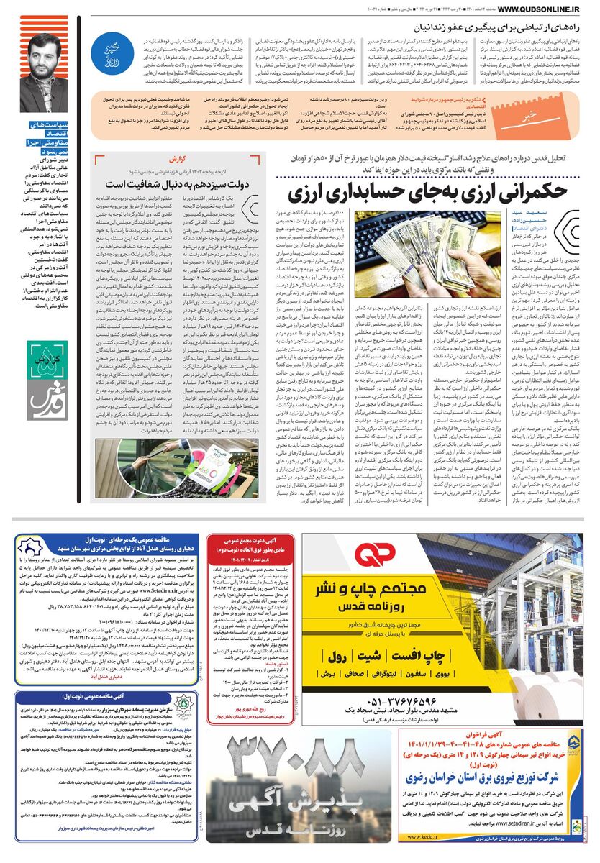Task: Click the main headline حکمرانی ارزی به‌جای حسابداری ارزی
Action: tap(426, 192)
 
